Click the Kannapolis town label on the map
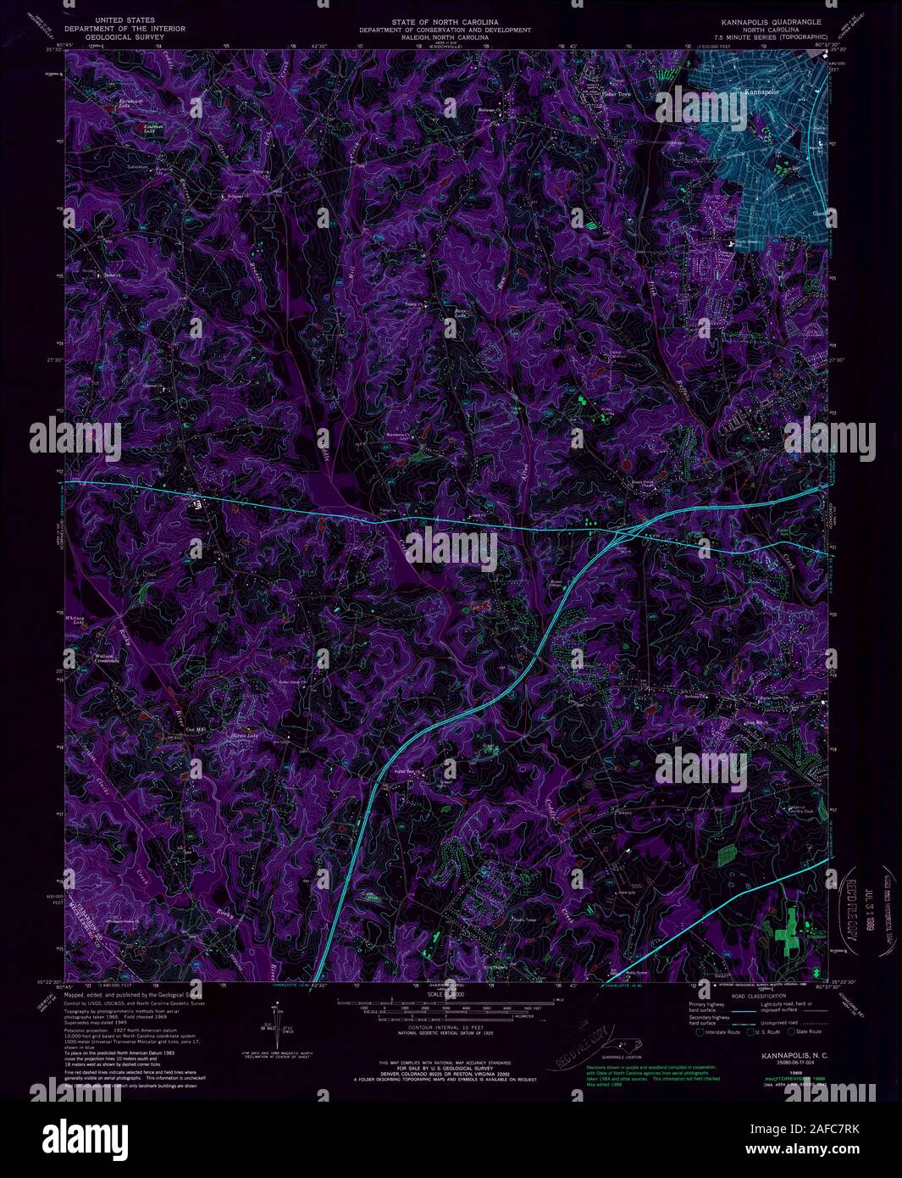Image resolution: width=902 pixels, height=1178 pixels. pos(760,91)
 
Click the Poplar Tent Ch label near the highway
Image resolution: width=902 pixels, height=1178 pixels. pos(405,771)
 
